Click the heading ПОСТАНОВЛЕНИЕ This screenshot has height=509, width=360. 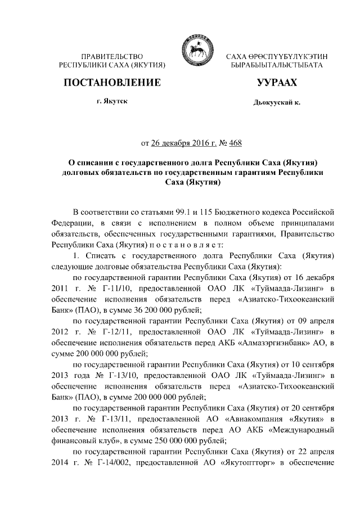tap(112, 84)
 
